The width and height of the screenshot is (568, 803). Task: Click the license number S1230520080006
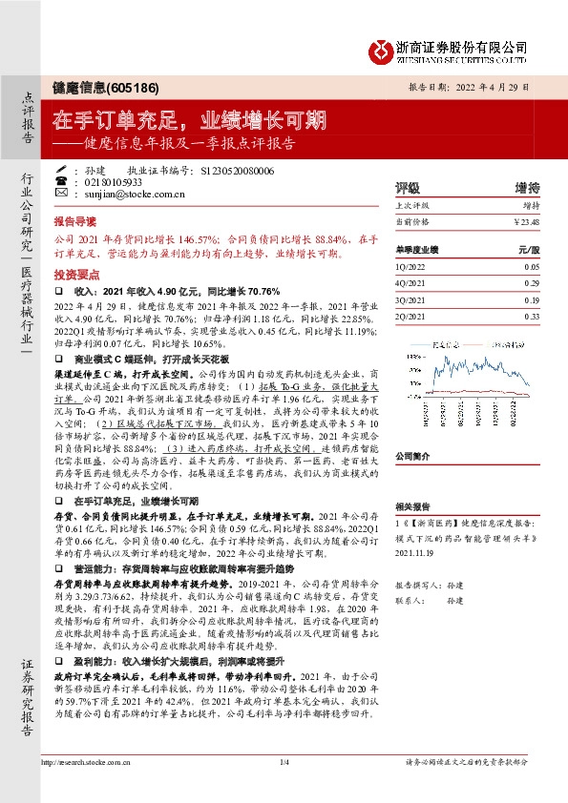(238, 170)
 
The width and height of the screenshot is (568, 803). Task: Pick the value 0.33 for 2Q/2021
(531, 316)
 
